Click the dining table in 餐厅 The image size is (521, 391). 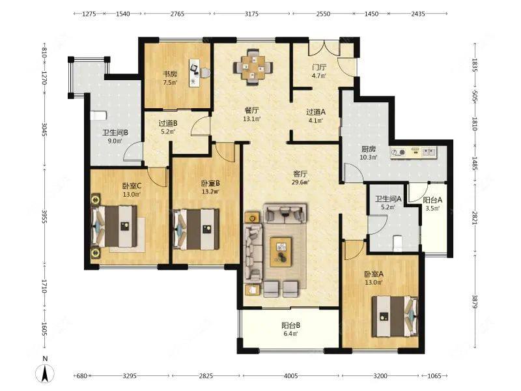pos(253,68)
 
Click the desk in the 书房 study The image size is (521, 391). pos(194,73)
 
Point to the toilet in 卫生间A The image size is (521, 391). pos(398,242)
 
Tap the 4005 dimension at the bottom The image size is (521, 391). pos(290,376)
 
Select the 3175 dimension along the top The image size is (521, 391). pos(251,14)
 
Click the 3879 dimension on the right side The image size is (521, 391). pos(475,302)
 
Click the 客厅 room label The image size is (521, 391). pos(300,173)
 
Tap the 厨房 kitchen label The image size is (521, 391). pos(369,149)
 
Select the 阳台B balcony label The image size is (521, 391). pos(290,325)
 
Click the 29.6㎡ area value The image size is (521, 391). pos(300,182)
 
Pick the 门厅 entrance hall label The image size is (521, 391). pos(319,67)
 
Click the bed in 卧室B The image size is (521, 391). pos(196,229)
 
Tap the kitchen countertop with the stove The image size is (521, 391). pos(414,152)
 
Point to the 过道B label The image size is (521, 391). pos(168,123)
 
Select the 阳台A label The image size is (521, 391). pos(432,200)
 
